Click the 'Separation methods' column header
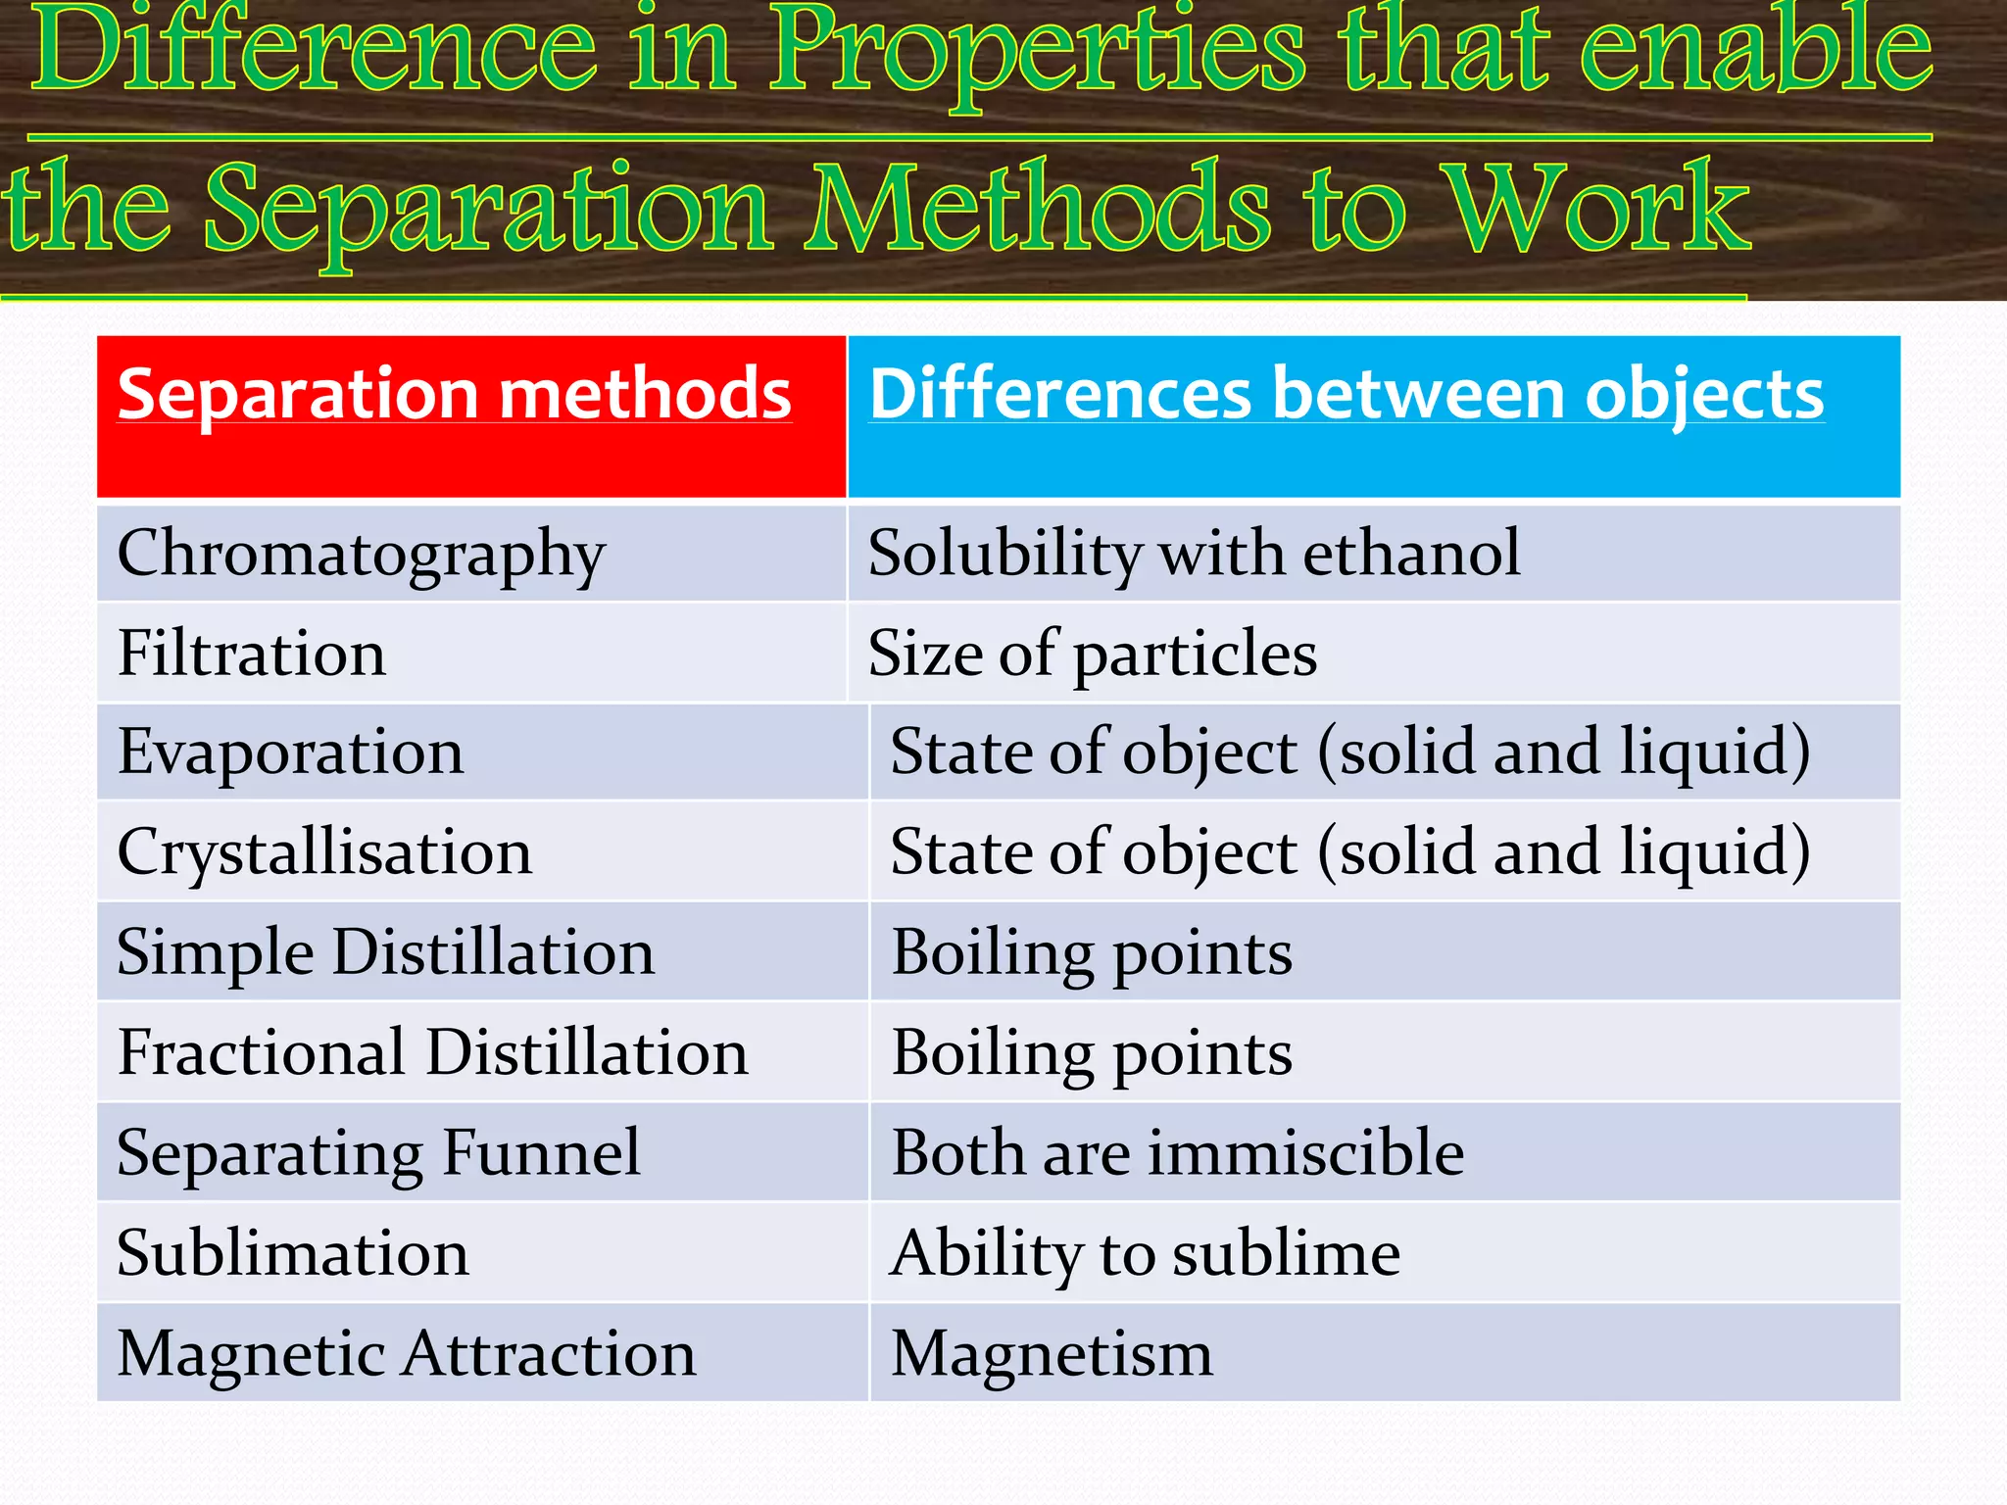click(x=455, y=395)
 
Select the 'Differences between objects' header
click(x=1346, y=395)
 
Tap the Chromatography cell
click(x=362, y=554)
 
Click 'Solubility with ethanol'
click(x=1194, y=554)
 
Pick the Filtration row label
click(x=252, y=654)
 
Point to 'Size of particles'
click(x=1092, y=654)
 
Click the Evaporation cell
click(x=290, y=752)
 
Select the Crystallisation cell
click(x=324, y=852)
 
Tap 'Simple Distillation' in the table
click(x=385, y=952)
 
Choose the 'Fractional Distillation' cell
click(x=432, y=1052)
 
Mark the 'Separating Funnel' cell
click(x=378, y=1153)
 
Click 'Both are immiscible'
click(x=1177, y=1153)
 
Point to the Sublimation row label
click(x=293, y=1253)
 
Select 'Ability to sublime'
click(x=1145, y=1253)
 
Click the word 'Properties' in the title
click(x=1036, y=51)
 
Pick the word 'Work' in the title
click(x=1597, y=208)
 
